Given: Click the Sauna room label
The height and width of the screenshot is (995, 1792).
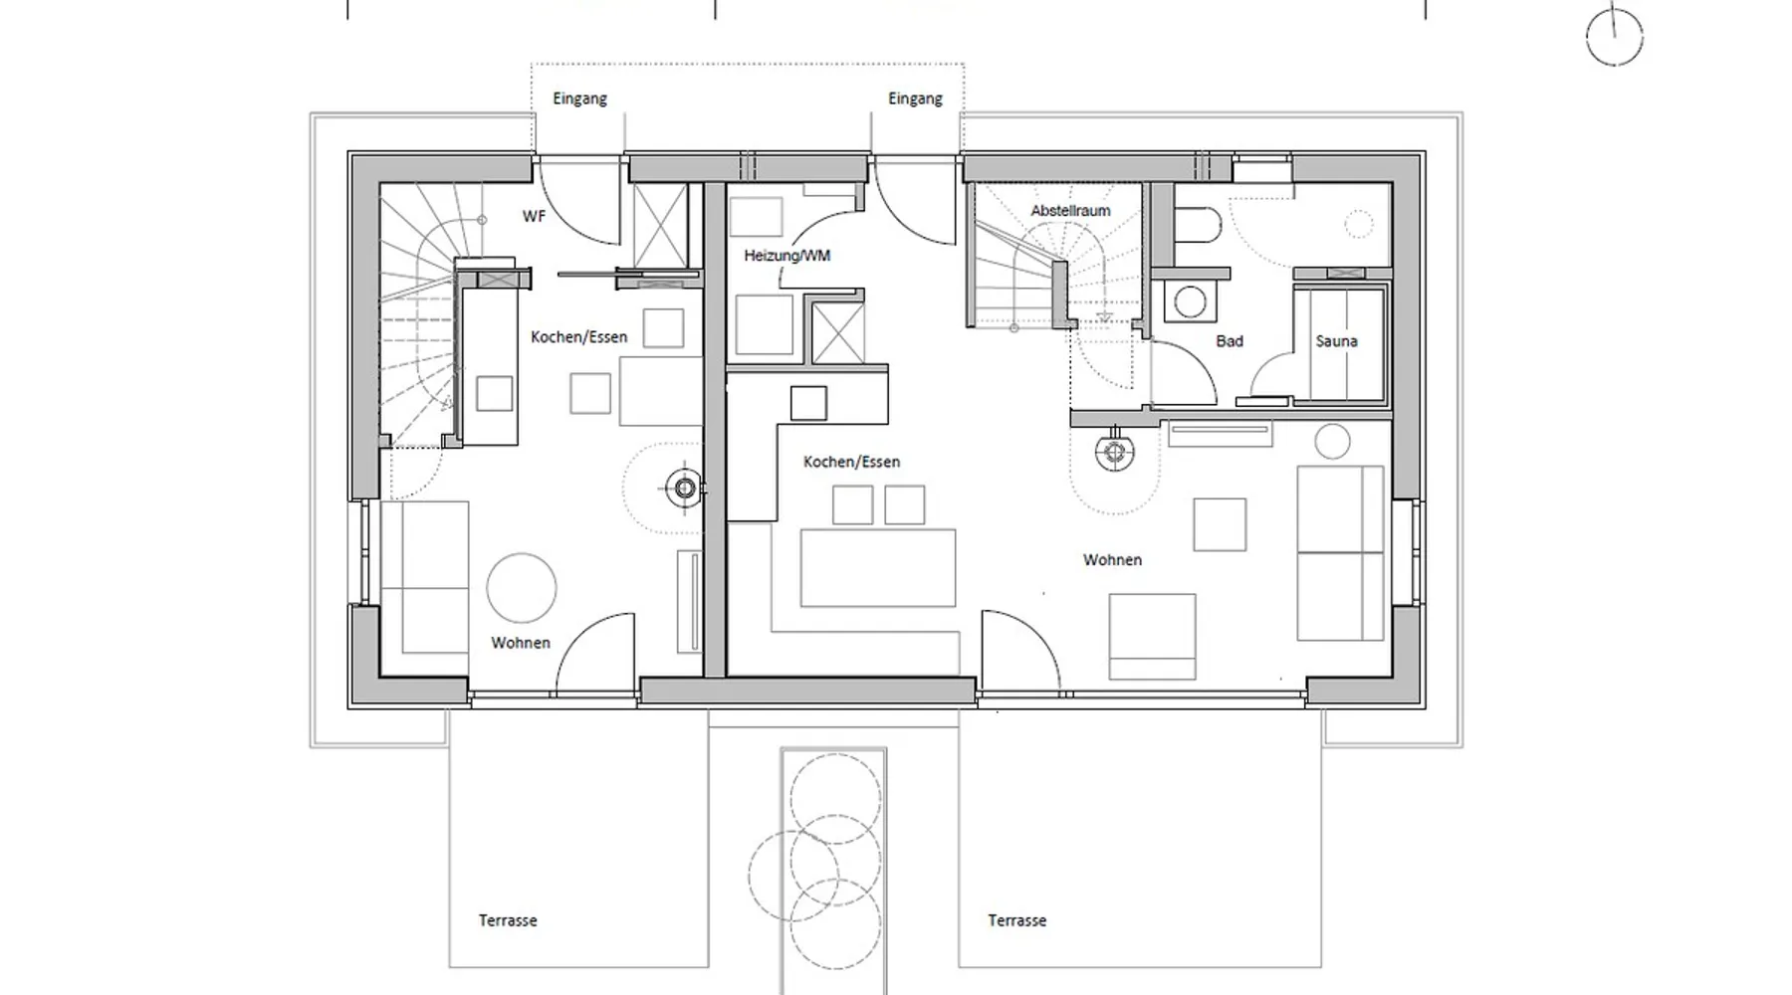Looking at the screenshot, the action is (x=1336, y=341).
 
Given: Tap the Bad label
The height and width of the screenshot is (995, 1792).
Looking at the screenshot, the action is (x=1230, y=341).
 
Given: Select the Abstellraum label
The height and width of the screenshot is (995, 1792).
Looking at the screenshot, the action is (x=1070, y=211).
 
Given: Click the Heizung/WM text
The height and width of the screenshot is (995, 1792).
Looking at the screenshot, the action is (x=786, y=256).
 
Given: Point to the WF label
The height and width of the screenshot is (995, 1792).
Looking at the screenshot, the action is (x=534, y=216).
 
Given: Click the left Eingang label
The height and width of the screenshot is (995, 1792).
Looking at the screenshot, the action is (x=579, y=99).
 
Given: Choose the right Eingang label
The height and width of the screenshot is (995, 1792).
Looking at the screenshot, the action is (x=915, y=99).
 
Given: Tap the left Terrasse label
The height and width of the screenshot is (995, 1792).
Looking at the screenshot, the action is (x=508, y=920).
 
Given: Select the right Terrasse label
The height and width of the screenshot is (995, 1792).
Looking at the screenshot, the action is (x=1016, y=920).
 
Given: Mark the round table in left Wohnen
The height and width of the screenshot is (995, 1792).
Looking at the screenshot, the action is (x=521, y=588).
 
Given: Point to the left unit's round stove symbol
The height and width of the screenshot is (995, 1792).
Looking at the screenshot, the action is (x=685, y=488).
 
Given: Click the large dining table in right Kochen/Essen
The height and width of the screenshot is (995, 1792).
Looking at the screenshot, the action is (x=878, y=568).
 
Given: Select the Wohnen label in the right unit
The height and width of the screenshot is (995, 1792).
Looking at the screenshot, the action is (x=1112, y=560).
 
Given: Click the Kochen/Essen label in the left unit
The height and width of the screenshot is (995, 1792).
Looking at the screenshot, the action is (x=578, y=337).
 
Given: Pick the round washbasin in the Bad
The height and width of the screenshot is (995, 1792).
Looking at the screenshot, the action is (x=1190, y=301).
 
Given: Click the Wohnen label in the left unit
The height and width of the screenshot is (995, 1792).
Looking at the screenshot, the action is (x=520, y=643).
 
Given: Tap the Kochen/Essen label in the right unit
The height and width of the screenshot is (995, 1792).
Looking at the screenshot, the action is (x=851, y=462).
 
